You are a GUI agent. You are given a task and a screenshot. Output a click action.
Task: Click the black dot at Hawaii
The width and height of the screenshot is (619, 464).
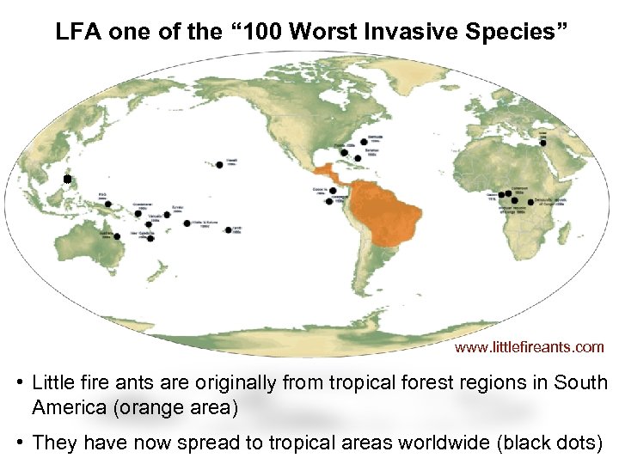(x=220, y=164)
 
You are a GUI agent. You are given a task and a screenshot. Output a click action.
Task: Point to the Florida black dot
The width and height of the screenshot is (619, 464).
(x=343, y=153)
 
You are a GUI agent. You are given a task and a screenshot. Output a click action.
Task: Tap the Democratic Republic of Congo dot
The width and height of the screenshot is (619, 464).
(x=514, y=200)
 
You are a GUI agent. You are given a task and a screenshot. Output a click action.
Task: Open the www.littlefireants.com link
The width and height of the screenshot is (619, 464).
(x=529, y=347)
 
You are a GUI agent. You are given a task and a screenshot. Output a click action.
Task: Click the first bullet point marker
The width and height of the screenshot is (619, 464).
(x=19, y=382)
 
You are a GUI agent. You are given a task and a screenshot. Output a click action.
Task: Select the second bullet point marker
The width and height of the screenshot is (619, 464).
(x=19, y=442)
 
